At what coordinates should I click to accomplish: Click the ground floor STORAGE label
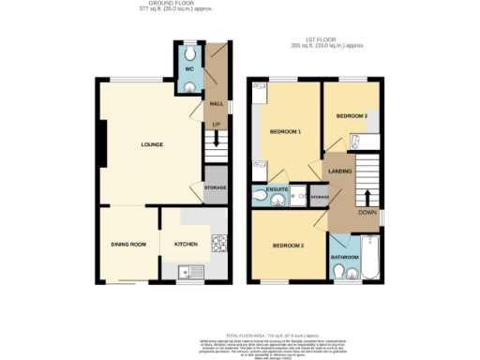point(216,187)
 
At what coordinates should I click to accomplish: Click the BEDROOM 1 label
point(285,131)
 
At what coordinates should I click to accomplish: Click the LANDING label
point(339,171)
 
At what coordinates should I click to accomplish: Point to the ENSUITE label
point(277,189)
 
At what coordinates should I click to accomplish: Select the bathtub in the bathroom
point(368,258)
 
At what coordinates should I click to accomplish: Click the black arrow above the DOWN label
point(367,198)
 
